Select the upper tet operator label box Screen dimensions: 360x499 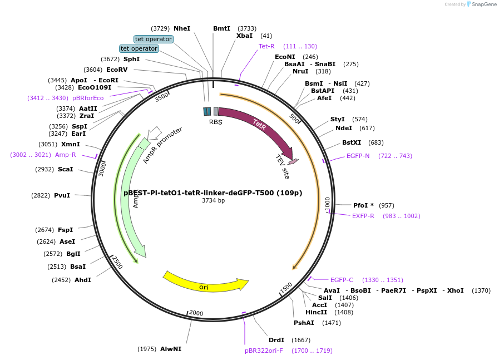pos(154,39)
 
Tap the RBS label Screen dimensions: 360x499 pos(215,122)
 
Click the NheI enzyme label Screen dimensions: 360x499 pos(182,28)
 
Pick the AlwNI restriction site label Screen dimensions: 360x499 pos(171,349)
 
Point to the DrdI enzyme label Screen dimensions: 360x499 pos(276,340)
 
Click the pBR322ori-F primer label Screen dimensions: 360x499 pos(264,351)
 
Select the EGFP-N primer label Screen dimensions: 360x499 pos(358,156)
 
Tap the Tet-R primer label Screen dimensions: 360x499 pos(266,46)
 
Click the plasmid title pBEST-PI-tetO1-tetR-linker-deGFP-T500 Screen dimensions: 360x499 pos(213,193)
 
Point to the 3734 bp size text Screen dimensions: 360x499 pos(213,200)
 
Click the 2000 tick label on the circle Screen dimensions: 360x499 pos(196,313)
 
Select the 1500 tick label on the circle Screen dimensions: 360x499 pos(286,287)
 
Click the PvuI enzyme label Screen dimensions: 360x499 pos(62,195)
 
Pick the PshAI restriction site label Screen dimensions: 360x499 pos(304,323)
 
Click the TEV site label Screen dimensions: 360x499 pos(283,166)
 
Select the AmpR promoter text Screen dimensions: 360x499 pos(162,145)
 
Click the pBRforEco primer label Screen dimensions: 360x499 pos(88,98)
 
